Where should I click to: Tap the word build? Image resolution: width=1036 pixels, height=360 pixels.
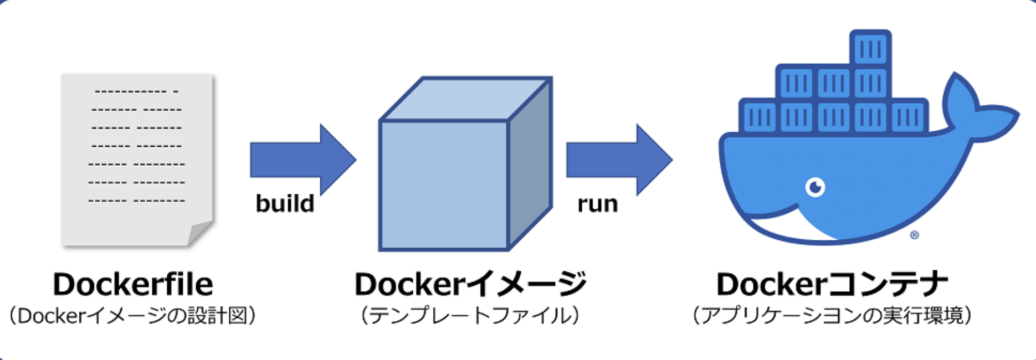point(285,203)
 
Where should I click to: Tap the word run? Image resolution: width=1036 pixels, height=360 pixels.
point(597,204)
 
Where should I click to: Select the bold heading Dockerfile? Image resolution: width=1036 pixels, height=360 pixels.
point(133,284)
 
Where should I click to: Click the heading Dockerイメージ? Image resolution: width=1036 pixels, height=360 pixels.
point(470,284)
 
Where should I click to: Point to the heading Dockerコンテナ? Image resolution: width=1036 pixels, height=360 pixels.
point(832,284)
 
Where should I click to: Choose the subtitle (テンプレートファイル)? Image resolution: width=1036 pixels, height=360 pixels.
point(469,316)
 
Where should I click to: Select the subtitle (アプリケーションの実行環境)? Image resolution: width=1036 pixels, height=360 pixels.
point(832,316)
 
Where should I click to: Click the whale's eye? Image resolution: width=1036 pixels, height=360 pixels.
point(815,187)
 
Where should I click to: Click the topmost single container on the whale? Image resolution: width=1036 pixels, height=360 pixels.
point(870,49)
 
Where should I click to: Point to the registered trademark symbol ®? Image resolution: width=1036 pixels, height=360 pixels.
point(915,235)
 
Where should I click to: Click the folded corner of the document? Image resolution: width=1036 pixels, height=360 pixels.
point(199,233)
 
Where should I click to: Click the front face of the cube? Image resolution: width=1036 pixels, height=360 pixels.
point(443,186)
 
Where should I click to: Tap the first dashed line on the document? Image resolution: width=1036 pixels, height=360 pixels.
point(136,91)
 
